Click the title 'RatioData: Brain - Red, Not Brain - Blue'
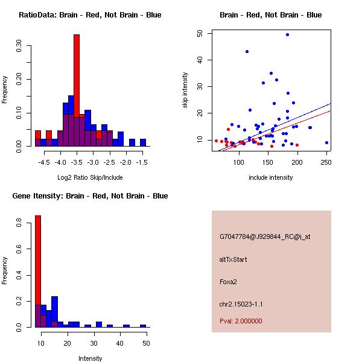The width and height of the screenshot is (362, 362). click(x=90, y=14)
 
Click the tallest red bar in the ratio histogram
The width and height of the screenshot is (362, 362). click(x=77, y=72)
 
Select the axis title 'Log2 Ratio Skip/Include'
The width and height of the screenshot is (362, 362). click(x=89, y=177)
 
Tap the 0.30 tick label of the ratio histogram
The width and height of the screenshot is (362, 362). click(x=19, y=46)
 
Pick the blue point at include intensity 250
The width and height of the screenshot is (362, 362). click(x=326, y=143)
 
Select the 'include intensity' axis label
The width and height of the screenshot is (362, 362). click(x=270, y=177)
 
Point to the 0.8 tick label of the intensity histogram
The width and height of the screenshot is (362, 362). click(x=19, y=224)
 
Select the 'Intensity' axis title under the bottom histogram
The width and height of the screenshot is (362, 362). click(x=91, y=358)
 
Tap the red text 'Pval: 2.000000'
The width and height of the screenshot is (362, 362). click(x=241, y=321)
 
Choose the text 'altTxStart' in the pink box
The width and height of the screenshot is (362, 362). click(x=233, y=259)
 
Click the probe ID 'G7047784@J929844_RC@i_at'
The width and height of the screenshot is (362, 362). click(x=265, y=237)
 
